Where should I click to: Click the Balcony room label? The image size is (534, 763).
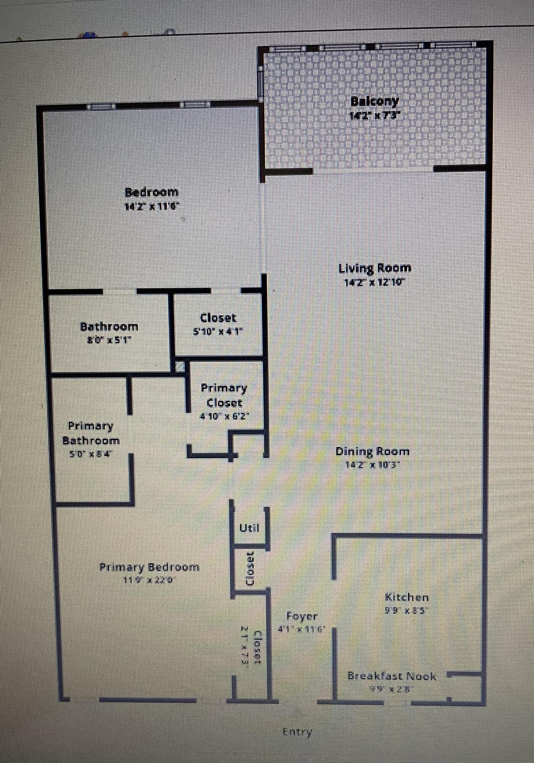pyautogui.click(x=374, y=102)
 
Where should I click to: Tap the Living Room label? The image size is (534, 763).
pyautogui.click(x=375, y=268)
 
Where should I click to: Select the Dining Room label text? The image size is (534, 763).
pyautogui.click(x=372, y=452)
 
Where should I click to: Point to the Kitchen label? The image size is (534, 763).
pyautogui.click(x=406, y=597)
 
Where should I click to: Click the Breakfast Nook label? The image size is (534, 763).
pyautogui.click(x=392, y=676)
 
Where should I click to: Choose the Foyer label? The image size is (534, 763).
pyautogui.click(x=302, y=616)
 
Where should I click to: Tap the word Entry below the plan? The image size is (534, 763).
pyautogui.click(x=297, y=732)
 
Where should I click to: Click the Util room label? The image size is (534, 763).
pyautogui.click(x=249, y=528)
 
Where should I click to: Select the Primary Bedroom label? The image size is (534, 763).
pyautogui.click(x=149, y=567)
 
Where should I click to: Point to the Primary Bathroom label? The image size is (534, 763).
pyautogui.click(x=91, y=433)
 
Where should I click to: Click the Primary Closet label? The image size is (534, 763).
pyautogui.click(x=224, y=395)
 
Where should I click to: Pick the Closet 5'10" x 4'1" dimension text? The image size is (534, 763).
pyautogui.click(x=218, y=332)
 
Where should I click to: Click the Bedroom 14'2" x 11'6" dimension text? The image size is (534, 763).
pyautogui.click(x=152, y=207)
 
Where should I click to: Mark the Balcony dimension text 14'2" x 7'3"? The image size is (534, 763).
pyautogui.click(x=374, y=115)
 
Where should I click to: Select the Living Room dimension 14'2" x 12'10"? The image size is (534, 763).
pyautogui.click(x=374, y=283)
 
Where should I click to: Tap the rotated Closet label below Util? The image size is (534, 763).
pyautogui.click(x=250, y=569)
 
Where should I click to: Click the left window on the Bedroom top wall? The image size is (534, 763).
pyautogui.click(x=100, y=106)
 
